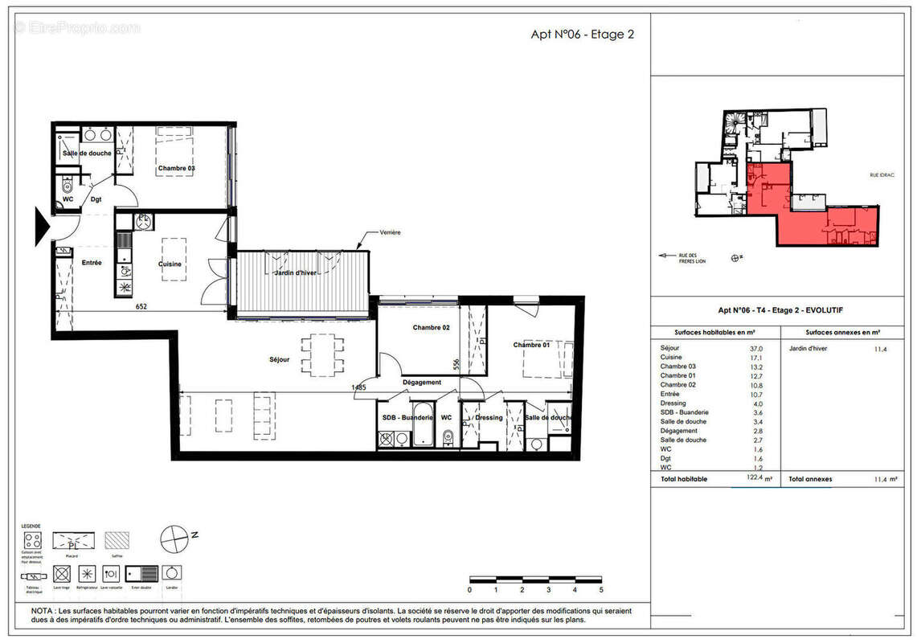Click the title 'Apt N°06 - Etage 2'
click(583, 34)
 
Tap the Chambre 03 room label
click(176, 168)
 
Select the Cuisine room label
click(170, 264)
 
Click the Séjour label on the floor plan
click(280, 359)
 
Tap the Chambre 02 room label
click(431, 327)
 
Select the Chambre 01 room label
click(533, 345)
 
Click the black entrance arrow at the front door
click(43, 221)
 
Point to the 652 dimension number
click(141, 305)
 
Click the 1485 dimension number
click(358, 387)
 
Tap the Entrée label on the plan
click(92, 263)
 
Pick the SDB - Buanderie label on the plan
click(407, 417)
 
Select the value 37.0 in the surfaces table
click(755, 349)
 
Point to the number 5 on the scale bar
click(600, 590)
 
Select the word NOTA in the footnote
click(44, 611)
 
